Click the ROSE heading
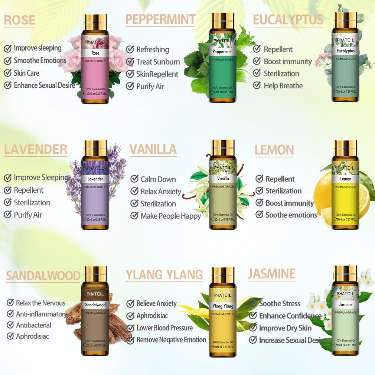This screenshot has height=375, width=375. tap(20, 20)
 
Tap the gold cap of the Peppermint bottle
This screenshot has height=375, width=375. tap(222, 20)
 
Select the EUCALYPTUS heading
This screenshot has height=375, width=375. tap(288, 20)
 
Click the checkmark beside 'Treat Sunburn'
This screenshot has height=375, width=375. tap(130, 62)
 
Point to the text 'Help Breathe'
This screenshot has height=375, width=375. tap(283, 86)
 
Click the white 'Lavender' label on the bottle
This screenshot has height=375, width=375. tap(95, 179)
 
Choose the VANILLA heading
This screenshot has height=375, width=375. tap(153, 149)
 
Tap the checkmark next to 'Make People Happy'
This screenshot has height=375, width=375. tap(134, 216)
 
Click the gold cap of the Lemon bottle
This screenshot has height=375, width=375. tap(345, 148)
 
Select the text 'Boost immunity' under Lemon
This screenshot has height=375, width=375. tap(290, 203)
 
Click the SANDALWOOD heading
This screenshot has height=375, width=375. tap(43, 276)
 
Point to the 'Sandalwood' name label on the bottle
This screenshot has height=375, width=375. tap(96, 305)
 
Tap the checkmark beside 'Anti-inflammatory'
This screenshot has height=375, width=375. tap(10, 314)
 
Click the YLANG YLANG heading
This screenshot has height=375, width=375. tap(164, 275)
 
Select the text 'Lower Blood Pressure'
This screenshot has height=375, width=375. tap(164, 328)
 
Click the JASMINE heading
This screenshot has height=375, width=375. tap(271, 274)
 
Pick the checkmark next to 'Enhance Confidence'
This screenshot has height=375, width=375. tap(253, 316)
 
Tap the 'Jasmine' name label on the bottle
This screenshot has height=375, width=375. tap(345, 304)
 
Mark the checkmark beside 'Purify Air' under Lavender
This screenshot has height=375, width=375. tap(8, 215)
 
